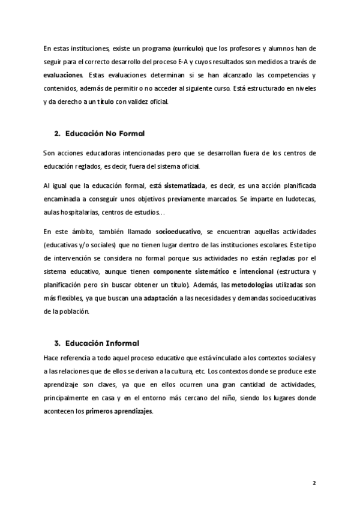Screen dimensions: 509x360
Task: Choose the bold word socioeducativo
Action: pos(178,231)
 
